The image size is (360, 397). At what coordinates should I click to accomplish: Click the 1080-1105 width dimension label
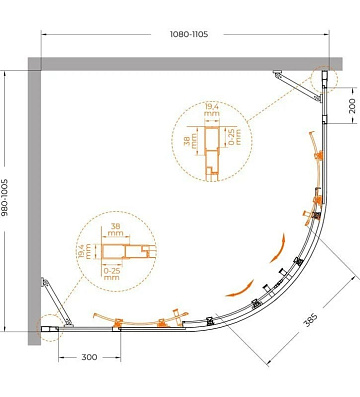pyautogui.click(x=189, y=34)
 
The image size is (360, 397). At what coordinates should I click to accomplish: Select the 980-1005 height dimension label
pyautogui.click(x=5, y=197)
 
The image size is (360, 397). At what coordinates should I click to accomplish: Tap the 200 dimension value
pyautogui.click(x=352, y=105)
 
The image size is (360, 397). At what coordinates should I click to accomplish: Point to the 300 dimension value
pyautogui.click(x=89, y=357)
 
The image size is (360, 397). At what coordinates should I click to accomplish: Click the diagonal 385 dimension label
pyautogui.click(x=310, y=320)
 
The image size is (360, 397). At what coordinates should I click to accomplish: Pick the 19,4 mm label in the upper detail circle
pyautogui.click(x=212, y=110)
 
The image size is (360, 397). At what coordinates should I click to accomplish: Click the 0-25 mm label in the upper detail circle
pyautogui.click(x=235, y=137)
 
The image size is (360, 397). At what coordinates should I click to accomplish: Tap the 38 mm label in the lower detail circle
pyautogui.click(x=115, y=230)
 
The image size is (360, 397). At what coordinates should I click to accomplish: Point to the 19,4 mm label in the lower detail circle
pyautogui.click(x=85, y=251)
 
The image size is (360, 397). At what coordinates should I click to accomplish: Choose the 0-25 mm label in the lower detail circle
pyautogui.click(x=111, y=274)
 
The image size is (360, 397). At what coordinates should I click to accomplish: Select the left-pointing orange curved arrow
pyautogui.click(x=239, y=290)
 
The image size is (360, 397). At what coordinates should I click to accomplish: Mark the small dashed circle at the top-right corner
pyautogui.click(x=324, y=80)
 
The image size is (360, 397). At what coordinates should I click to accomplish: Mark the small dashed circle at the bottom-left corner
pyautogui.click(x=50, y=328)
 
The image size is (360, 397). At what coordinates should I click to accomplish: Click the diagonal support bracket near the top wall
pyautogui.click(x=298, y=85)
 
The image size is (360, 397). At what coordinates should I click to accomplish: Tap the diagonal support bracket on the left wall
pyautogui.click(x=57, y=302)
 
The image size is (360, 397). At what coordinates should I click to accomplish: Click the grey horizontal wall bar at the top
pyautogui.click(x=185, y=64)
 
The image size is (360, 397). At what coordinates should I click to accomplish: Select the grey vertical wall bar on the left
pyautogui.click(x=34, y=201)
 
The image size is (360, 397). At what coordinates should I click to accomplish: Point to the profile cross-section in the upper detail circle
pyautogui.click(x=212, y=154)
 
